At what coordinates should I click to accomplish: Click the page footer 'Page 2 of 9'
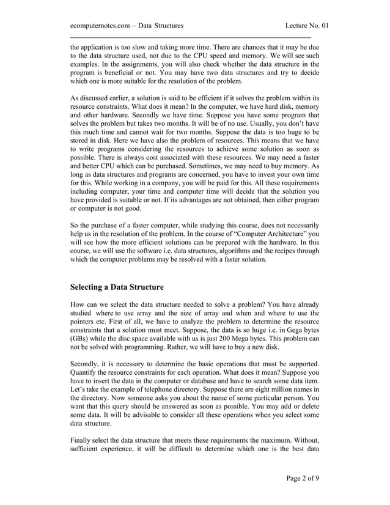(303, 477)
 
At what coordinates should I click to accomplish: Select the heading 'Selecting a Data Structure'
(117, 286)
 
